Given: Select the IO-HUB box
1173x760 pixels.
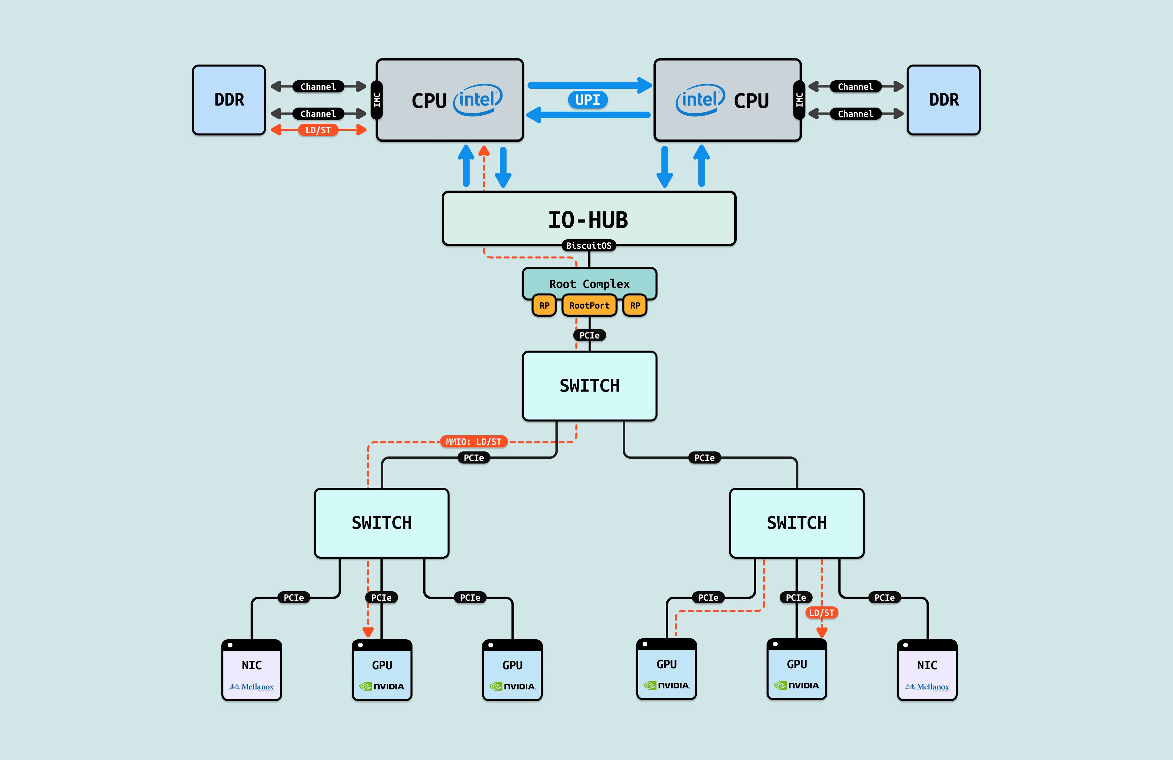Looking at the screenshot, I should (589, 218).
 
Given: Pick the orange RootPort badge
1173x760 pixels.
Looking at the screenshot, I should (590, 305).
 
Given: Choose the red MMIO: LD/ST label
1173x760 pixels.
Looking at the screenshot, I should (473, 441).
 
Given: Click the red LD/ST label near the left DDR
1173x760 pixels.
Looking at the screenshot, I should (318, 130).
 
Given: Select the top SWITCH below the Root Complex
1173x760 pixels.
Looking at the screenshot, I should (590, 386).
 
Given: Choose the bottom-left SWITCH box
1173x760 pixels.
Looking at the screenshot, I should (382, 523).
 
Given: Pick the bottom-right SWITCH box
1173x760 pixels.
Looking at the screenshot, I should (796, 523).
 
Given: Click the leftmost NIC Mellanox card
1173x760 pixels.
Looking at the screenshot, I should (251, 671).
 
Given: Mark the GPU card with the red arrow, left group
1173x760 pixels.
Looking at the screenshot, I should (382, 671).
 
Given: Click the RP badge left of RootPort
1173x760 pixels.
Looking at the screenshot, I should (544, 305).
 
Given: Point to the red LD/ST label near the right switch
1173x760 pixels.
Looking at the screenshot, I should (822, 612).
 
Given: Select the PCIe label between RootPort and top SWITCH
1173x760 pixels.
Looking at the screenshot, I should (590, 335).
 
